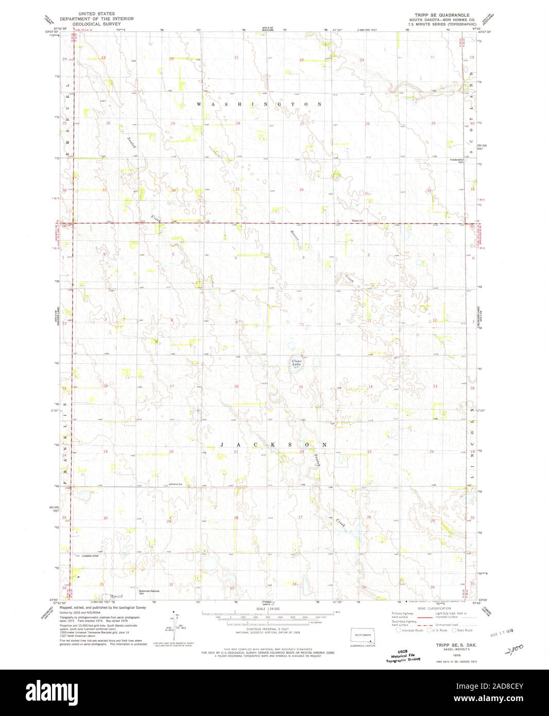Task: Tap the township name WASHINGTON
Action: pyautogui.click(x=260, y=104)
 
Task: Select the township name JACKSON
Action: pyautogui.click(x=273, y=444)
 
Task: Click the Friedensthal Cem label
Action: pyautogui.click(x=457, y=160)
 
